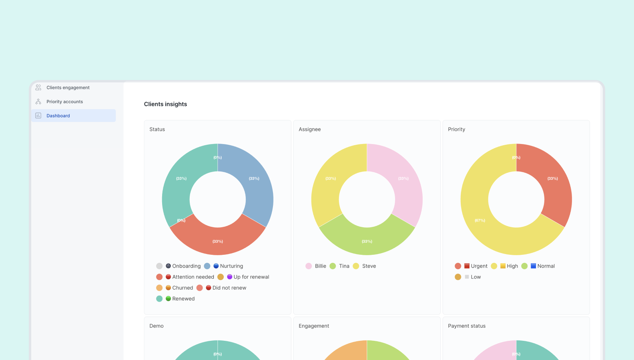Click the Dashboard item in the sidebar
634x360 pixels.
point(58,116)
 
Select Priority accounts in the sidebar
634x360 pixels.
point(64,102)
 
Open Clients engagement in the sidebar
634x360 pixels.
point(68,88)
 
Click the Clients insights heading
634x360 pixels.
point(165,104)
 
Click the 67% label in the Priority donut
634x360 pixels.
point(480,220)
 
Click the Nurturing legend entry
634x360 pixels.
point(231,266)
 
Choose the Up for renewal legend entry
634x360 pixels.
point(251,277)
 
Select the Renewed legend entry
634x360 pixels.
point(183,299)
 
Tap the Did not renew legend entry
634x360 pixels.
point(229,288)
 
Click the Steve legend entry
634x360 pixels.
point(369,266)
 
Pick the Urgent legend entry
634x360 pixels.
point(479,266)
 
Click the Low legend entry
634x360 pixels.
point(475,277)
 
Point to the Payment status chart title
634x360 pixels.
point(466,326)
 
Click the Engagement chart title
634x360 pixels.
point(313,326)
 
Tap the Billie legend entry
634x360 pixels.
point(320,266)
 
